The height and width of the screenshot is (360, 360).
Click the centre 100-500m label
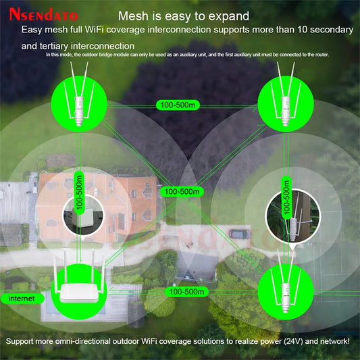(182, 192)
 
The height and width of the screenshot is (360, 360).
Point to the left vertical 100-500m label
(79, 192)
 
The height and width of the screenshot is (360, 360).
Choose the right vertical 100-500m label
(286, 192)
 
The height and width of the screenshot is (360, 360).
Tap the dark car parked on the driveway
(238, 233)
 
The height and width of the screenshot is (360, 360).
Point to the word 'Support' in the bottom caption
(21, 342)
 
